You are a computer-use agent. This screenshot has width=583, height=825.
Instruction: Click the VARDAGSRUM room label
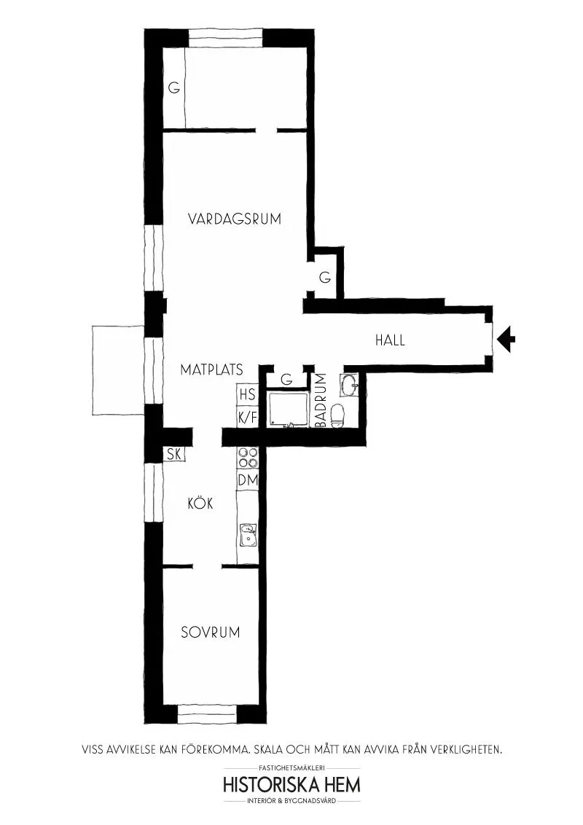point(235,219)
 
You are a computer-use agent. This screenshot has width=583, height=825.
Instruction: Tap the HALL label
point(390,340)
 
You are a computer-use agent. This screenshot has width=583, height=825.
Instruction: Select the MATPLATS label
point(211,370)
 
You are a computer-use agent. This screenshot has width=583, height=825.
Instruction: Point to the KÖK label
point(200,503)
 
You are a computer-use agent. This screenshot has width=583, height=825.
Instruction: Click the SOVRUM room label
point(211,632)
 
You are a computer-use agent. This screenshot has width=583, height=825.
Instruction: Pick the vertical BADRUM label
point(321,400)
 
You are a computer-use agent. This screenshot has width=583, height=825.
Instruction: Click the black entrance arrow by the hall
point(506,339)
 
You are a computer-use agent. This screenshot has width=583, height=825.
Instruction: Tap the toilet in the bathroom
point(337,415)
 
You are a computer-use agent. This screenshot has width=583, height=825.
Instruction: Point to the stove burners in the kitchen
point(247,458)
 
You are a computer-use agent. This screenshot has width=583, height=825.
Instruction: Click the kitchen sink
point(248,535)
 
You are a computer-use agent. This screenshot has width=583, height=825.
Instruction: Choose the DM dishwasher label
point(248,480)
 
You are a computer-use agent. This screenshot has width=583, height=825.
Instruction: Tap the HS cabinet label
point(247,394)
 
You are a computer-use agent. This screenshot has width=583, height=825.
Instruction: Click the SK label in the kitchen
point(174,454)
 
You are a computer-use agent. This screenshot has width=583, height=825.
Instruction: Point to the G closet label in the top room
point(174,88)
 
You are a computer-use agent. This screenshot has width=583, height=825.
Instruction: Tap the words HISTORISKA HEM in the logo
point(292,784)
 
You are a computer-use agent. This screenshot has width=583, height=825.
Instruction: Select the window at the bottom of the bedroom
point(207,715)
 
